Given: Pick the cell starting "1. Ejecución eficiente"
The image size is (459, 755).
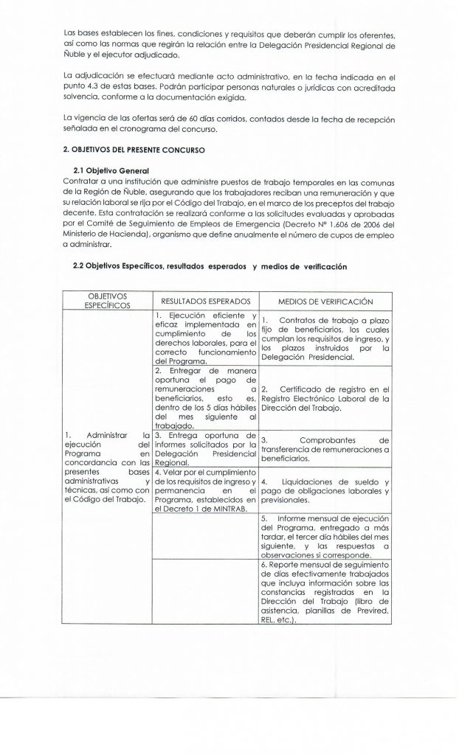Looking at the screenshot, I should point(204,338).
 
